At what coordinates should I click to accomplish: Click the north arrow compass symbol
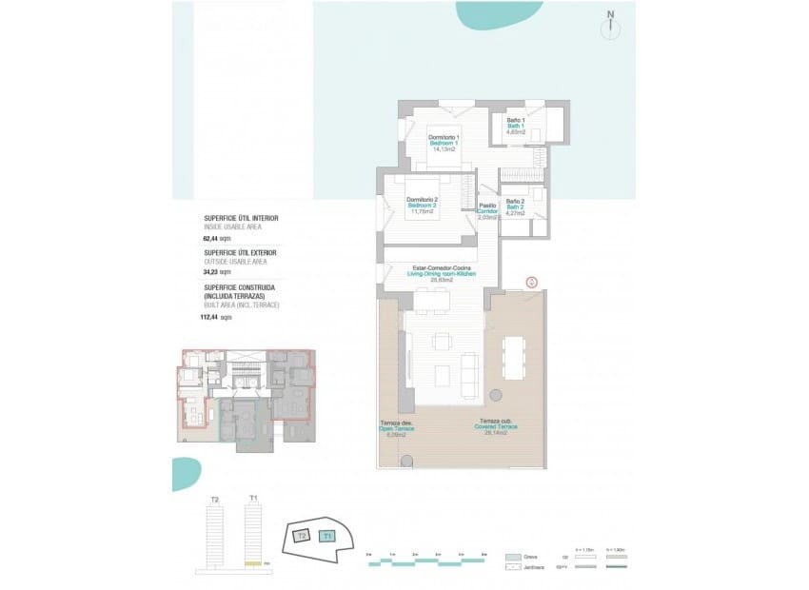(610, 28)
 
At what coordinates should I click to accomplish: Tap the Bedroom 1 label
(444, 143)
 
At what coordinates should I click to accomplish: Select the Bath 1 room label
(516, 126)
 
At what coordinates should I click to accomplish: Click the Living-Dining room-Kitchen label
(440, 274)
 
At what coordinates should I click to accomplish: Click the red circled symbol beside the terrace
(532, 283)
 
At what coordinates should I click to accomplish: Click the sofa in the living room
(469, 374)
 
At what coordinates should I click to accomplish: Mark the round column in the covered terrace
(495, 394)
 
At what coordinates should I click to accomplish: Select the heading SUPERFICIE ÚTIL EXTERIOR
(241, 252)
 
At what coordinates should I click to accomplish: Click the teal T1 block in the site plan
(328, 537)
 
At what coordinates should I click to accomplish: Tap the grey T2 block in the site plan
(302, 536)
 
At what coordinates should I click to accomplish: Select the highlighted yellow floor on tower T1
(252, 563)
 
